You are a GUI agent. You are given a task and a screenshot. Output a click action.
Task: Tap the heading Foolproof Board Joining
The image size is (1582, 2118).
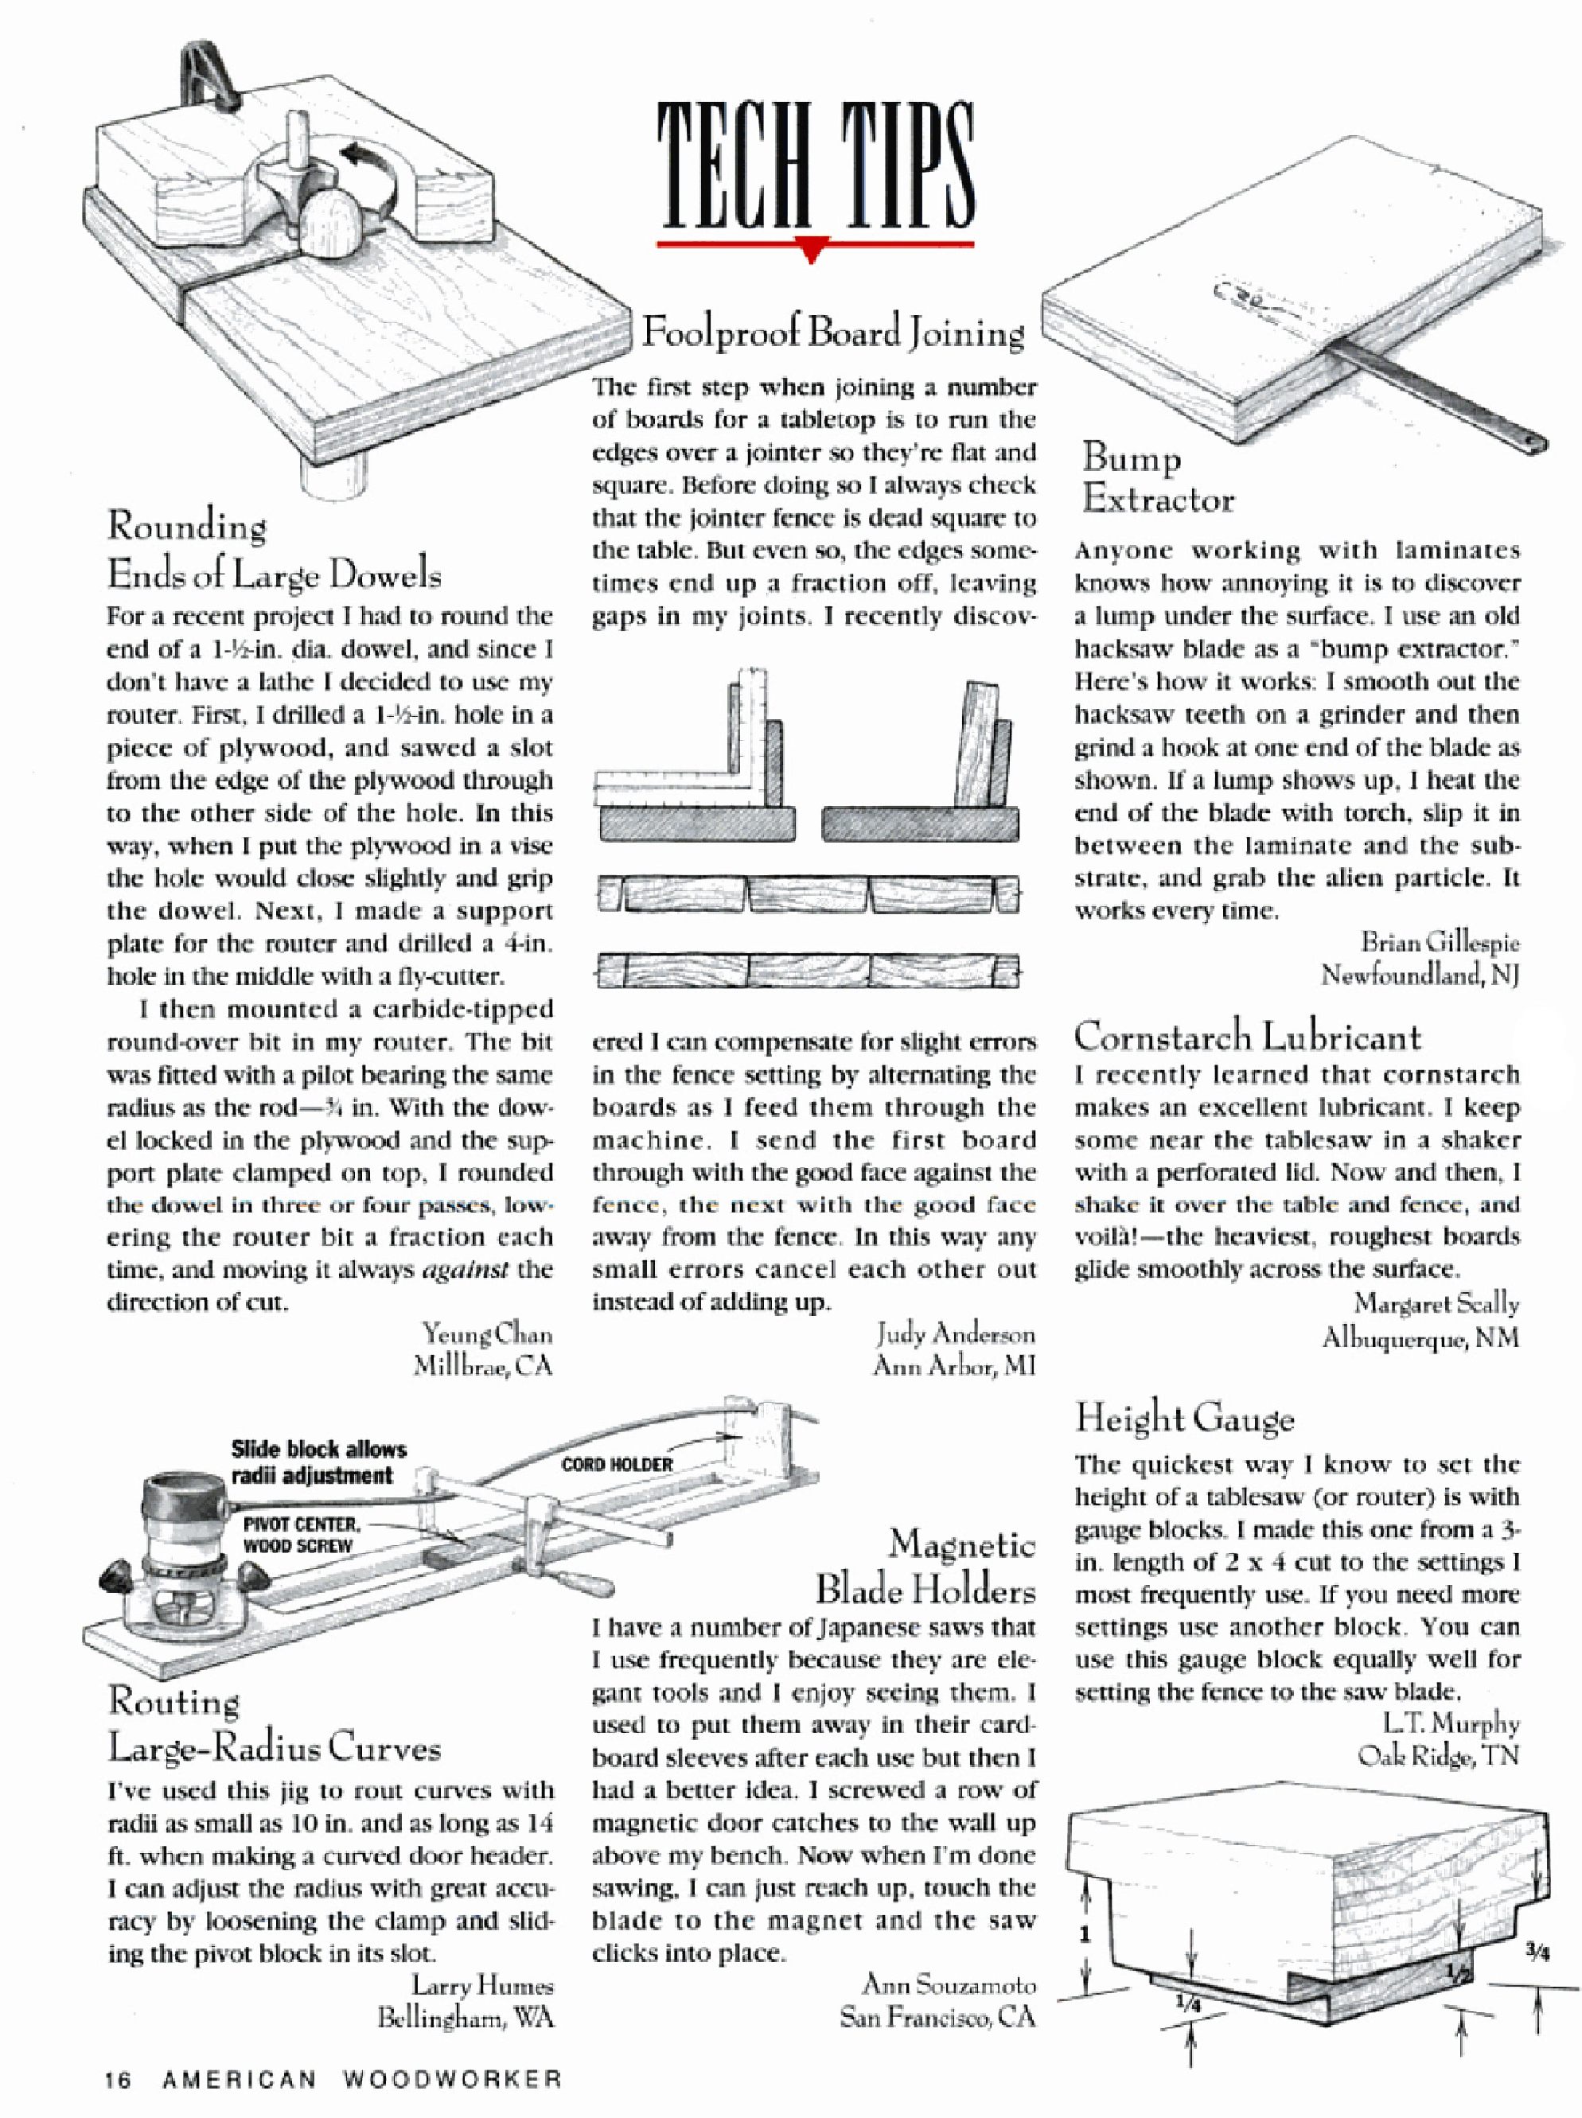click(832, 333)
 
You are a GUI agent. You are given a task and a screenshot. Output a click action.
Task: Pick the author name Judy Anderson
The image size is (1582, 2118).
click(955, 1333)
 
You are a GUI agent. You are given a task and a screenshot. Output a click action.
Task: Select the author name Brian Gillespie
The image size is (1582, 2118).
click(1440, 942)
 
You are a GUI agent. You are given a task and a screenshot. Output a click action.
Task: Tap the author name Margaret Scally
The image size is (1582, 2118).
click(1436, 1303)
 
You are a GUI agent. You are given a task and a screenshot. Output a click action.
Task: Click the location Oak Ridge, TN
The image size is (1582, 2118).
click(1437, 1755)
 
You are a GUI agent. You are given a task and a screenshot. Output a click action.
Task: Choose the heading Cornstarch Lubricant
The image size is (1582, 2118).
click(1247, 1037)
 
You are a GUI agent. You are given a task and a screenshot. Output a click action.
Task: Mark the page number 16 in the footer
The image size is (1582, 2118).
click(118, 2080)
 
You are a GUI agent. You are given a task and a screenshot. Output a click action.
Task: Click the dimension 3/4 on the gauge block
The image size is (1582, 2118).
click(1536, 1953)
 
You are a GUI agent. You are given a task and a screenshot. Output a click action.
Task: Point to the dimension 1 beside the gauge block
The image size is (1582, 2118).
click(1085, 1935)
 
